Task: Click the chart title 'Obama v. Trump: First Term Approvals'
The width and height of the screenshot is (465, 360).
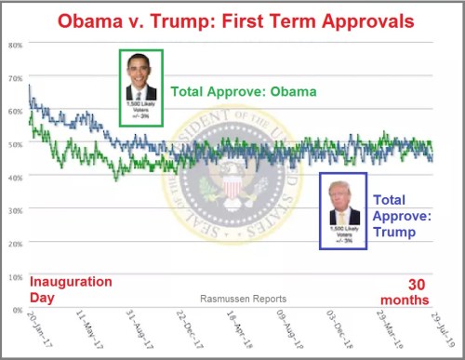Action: (232, 20)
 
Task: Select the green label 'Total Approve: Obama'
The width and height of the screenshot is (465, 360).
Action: (243, 91)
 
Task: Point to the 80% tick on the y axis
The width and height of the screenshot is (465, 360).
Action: (16, 45)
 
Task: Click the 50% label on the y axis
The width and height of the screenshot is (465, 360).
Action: (16, 143)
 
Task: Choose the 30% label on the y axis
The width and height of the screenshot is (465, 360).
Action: (16, 210)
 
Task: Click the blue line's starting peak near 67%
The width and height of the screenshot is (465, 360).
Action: (30, 87)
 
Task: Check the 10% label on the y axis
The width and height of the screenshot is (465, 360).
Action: (16, 276)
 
